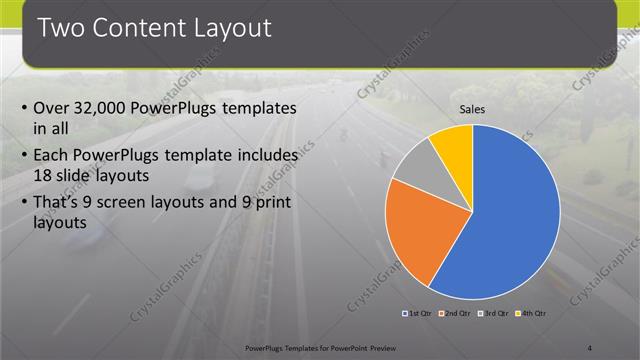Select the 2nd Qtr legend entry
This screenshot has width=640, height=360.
pos(457,313)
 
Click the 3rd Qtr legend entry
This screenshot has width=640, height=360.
pos(494,313)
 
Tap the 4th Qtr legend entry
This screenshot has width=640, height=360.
pos(532,313)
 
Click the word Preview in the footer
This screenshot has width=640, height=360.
pos(377,347)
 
